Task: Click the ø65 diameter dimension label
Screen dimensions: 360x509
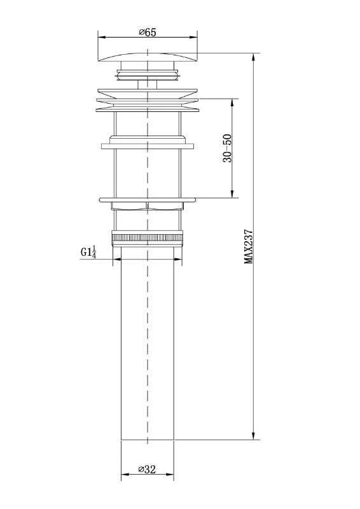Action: point(148,32)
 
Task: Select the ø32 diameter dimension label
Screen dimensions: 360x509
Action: point(147,470)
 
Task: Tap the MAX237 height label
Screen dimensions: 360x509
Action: point(249,246)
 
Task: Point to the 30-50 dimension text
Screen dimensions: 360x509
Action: point(228,148)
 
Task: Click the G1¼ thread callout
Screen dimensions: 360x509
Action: point(88,252)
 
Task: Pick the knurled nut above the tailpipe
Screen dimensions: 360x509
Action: point(148,239)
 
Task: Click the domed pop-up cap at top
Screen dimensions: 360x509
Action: point(148,57)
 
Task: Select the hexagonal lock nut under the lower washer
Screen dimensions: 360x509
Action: point(148,206)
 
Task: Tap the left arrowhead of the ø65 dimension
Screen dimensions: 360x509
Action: point(102,37)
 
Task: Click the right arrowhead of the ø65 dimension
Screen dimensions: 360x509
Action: point(193,37)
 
